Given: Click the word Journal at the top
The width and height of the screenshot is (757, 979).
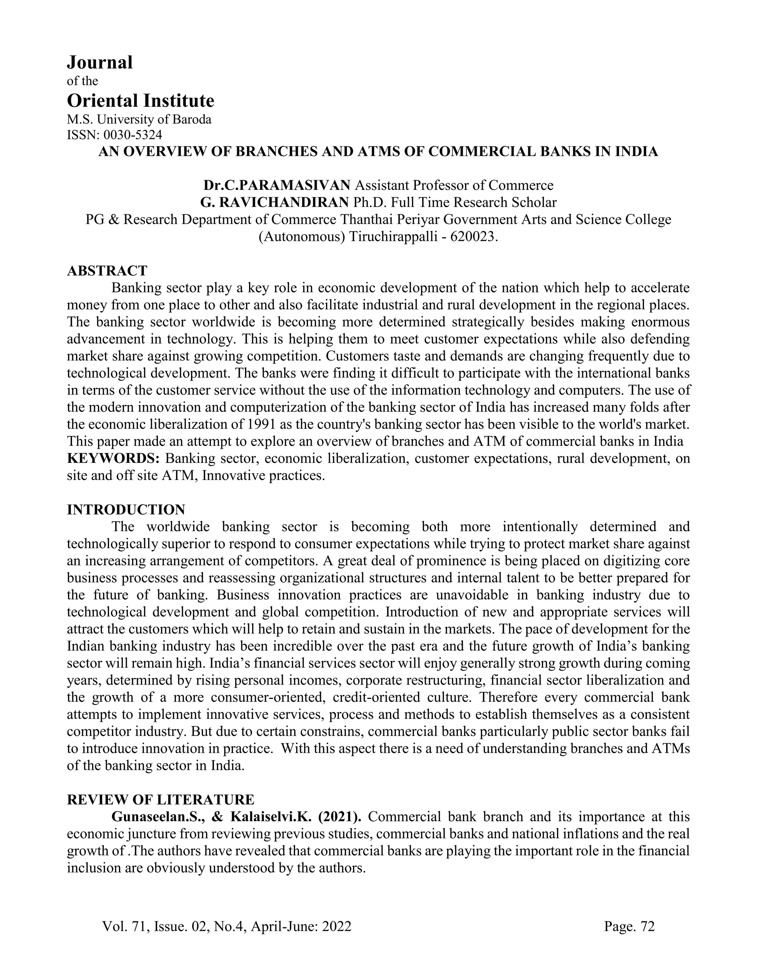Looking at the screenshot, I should tap(99, 62).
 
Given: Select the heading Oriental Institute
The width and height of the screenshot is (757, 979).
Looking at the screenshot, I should tap(140, 101).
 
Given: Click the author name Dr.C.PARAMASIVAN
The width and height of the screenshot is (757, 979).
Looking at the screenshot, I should tap(277, 185).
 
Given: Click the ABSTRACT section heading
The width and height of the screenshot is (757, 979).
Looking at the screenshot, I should tap(107, 271).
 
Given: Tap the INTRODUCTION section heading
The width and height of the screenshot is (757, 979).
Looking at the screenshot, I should tap(126, 510).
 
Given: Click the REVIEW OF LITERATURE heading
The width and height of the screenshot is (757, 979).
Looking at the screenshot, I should tap(160, 800).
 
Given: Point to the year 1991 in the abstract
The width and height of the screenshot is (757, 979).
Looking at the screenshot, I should tap(259, 424).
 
